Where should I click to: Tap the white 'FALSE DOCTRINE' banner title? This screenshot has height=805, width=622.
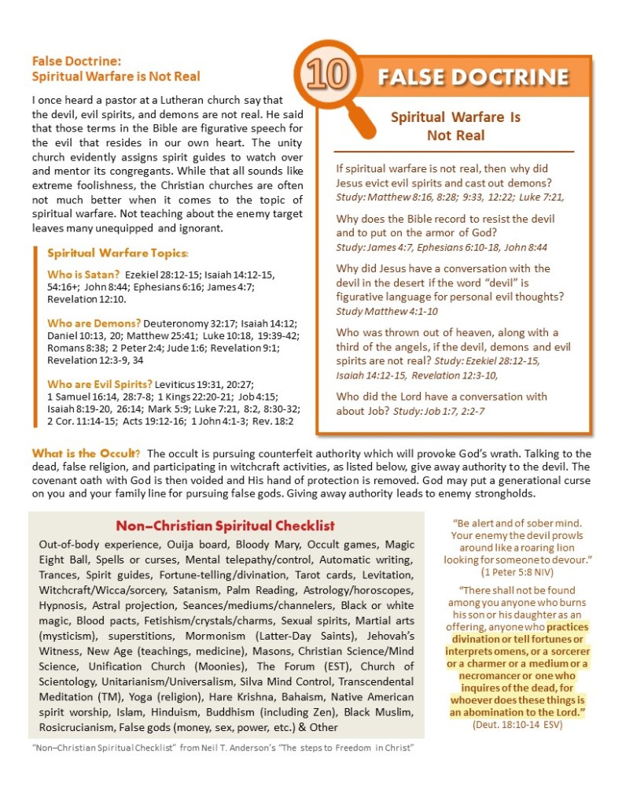[x=473, y=77]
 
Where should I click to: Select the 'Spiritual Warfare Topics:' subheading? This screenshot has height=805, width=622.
[x=117, y=253]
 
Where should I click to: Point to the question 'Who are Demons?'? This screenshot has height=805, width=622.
[x=94, y=323]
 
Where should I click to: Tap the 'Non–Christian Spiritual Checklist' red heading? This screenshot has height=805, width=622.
[x=225, y=526]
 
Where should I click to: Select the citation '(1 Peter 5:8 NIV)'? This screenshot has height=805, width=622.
[x=517, y=571]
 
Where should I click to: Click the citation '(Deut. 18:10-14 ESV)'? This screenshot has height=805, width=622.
[x=517, y=725]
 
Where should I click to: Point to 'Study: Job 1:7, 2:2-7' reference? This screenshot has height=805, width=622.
[x=442, y=411]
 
